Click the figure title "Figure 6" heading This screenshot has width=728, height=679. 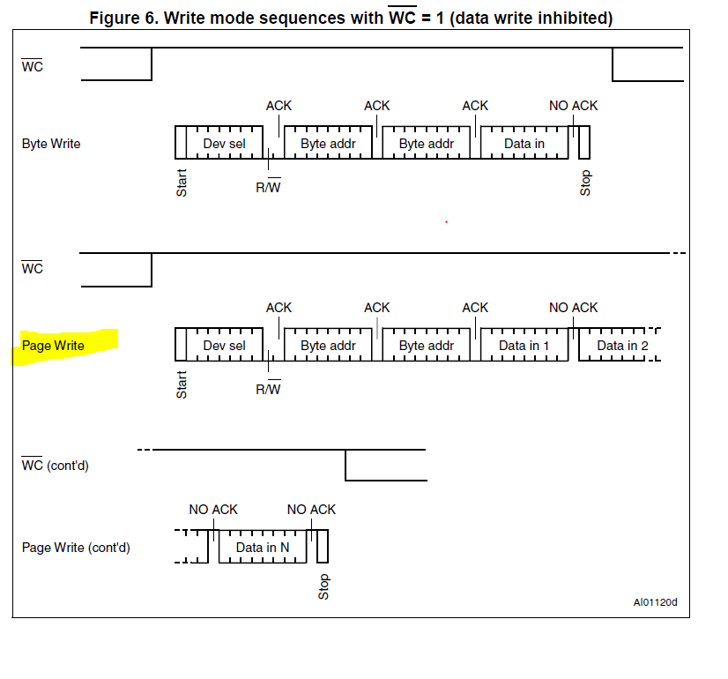click(351, 18)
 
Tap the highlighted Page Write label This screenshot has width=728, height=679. click(53, 346)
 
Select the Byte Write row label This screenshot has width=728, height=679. click(50, 144)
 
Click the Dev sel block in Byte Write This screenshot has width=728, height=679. click(224, 144)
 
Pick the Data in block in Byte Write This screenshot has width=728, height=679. click(524, 144)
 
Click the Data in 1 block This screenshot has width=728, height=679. click(524, 346)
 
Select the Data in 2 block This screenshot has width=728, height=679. click(622, 346)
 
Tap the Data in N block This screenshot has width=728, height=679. click(263, 548)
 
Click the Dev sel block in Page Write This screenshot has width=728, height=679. click(224, 346)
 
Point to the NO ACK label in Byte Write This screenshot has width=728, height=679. click(573, 106)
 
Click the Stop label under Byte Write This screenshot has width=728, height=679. click(585, 183)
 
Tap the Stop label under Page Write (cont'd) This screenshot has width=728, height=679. click(323, 586)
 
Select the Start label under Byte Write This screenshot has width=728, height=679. click(182, 183)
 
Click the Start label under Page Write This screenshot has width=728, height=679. click(182, 384)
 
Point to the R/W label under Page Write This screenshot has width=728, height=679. click(268, 389)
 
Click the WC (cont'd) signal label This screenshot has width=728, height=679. click(55, 466)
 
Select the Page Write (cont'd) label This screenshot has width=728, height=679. click(76, 548)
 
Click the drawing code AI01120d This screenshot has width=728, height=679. click(655, 603)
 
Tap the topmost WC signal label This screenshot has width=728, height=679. click(32, 66)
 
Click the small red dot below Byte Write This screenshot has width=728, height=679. click(446, 221)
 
